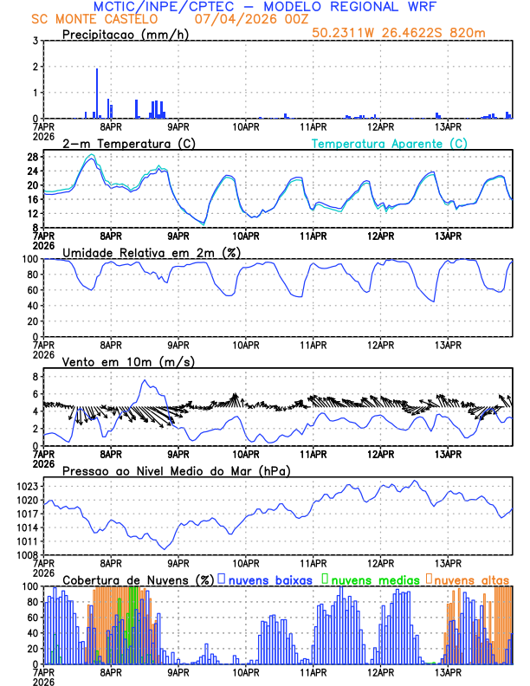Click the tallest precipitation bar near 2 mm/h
pos(97,94)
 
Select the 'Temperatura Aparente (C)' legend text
pos(389,144)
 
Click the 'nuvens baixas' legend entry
pos(271,579)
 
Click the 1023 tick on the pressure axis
pos(28,487)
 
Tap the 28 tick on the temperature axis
pos(32,157)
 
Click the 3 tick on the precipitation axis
pos(36,41)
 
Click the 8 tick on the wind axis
pos(36,377)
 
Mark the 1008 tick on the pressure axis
pos(28,555)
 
